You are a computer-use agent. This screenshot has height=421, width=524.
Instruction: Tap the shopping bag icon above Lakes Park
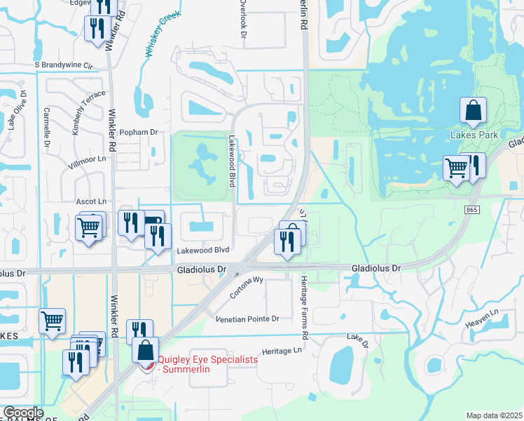[x=474, y=111]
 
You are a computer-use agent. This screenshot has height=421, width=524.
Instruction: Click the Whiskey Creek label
[x=163, y=33]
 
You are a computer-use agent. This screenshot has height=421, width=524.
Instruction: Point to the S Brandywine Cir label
[x=64, y=65]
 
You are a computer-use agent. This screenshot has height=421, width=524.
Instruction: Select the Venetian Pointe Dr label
[x=247, y=319]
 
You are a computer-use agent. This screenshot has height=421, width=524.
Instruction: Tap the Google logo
[x=23, y=413]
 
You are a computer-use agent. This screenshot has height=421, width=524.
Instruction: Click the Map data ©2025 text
[x=494, y=415]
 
